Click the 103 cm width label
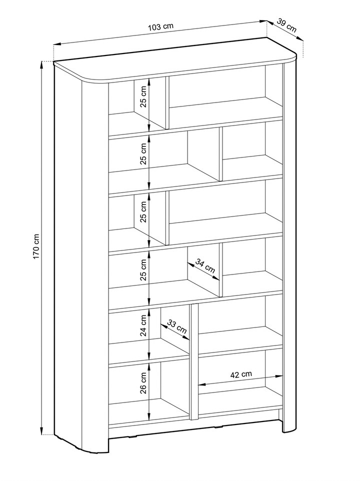coord(160,26)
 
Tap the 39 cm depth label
coord(286,25)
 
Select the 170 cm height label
coord(36,246)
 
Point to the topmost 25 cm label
coord(143,98)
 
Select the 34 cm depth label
coord(205,266)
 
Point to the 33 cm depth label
coord(177,326)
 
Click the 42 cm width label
coord(240,374)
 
